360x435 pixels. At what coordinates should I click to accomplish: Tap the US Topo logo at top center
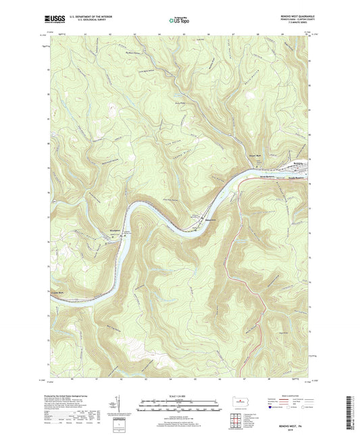tap(179, 20)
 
